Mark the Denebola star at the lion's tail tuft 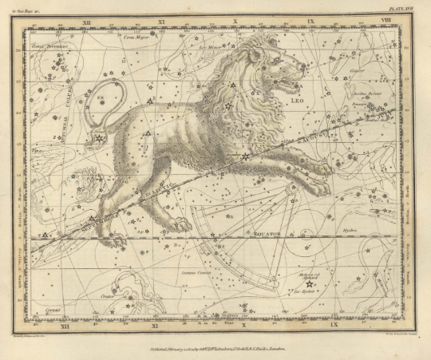tap(99, 139)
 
